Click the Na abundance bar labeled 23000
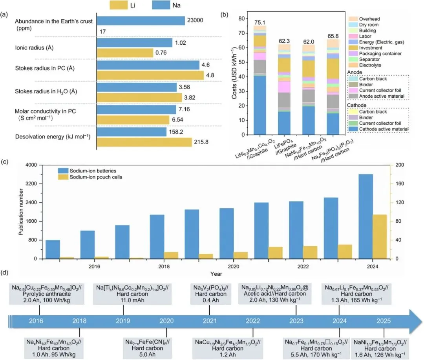141,20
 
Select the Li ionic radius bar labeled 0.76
124,53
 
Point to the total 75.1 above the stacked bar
259,22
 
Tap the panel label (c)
5,161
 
